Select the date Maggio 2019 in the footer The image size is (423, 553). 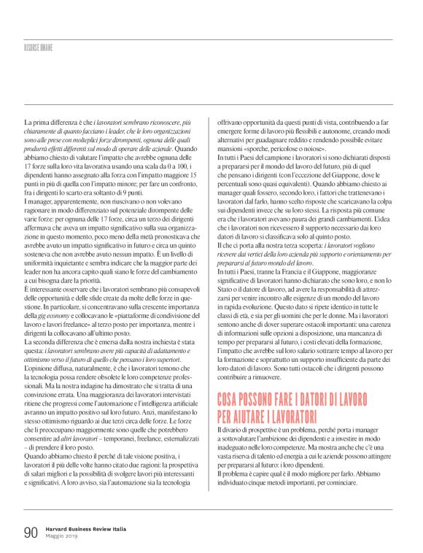(x=61, y=538)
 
